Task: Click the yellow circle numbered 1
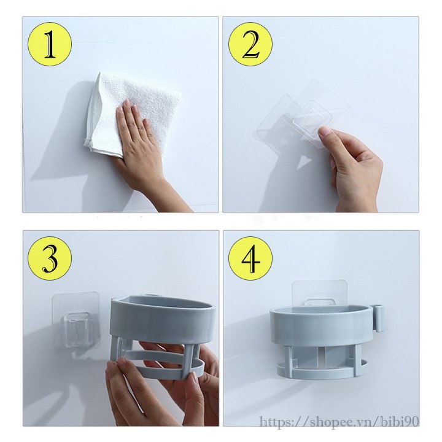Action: point(50,44)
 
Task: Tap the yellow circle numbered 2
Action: point(250,44)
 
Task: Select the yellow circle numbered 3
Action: point(50,258)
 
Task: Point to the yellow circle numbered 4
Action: point(250,258)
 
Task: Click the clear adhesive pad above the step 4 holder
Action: point(319,293)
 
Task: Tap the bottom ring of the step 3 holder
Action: point(157,368)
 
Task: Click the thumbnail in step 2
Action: point(325,131)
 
